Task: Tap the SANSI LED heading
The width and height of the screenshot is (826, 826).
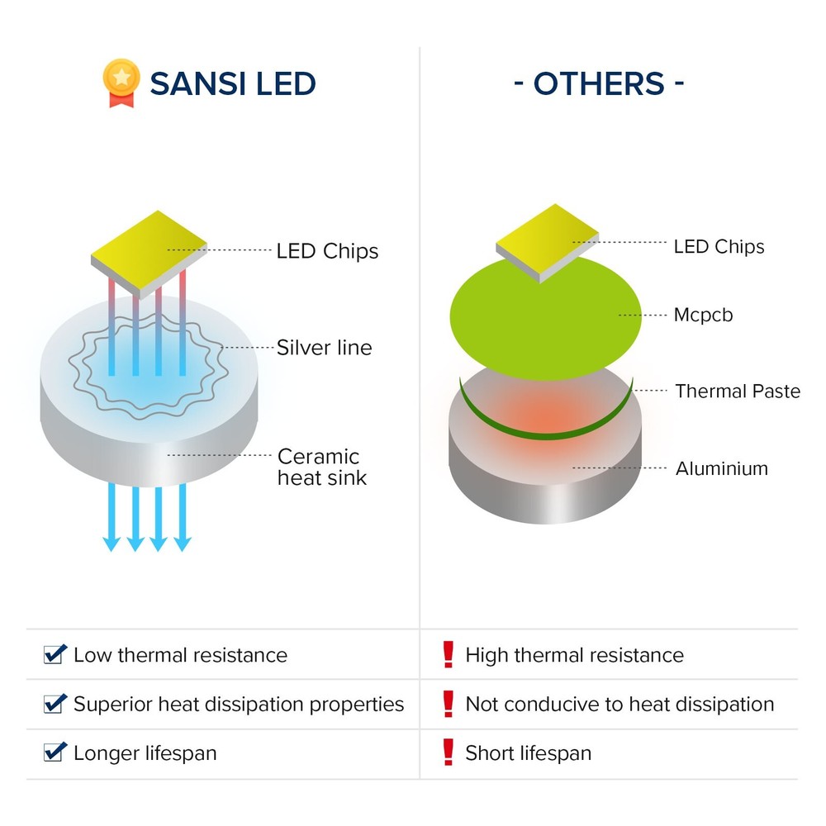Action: tap(233, 84)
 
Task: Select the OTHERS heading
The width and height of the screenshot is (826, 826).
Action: tap(599, 84)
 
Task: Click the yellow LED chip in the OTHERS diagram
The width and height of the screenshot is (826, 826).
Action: tap(546, 241)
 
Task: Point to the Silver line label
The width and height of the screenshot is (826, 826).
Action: tap(324, 348)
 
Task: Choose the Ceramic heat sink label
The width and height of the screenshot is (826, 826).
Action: tap(321, 467)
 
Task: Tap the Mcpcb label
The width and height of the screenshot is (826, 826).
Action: tap(703, 315)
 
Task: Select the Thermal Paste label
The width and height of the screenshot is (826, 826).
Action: tap(738, 391)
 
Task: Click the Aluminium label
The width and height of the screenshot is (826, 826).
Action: tap(721, 468)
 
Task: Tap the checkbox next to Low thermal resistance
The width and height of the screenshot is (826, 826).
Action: tap(55, 655)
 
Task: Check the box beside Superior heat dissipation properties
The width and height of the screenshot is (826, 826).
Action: tap(55, 704)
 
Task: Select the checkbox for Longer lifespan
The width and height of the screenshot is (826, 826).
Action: tap(55, 752)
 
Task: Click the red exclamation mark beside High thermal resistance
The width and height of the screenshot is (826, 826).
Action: tap(449, 654)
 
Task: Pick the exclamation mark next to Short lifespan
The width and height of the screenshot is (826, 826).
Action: tap(449, 752)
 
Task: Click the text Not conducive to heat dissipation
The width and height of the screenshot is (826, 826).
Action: tap(619, 705)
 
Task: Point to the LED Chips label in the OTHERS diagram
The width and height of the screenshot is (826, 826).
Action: tap(719, 246)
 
